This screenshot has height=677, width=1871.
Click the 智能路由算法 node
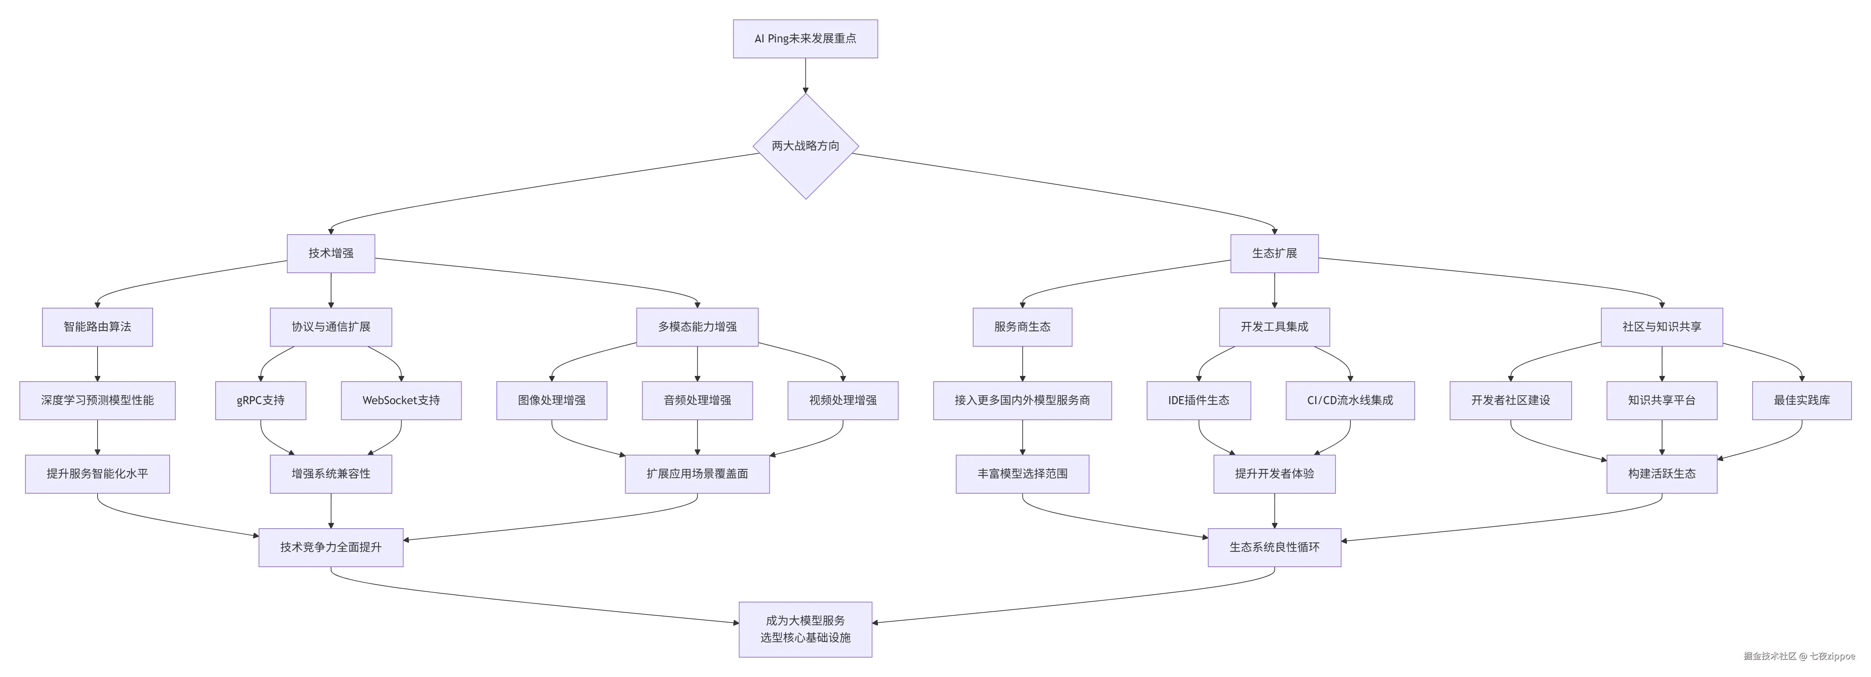(x=97, y=327)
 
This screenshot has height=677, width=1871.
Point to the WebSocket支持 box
(x=401, y=400)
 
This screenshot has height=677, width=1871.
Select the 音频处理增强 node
(x=697, y=400)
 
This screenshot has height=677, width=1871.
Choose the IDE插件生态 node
(x=1198, y=400)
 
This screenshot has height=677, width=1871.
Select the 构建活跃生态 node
(x=1662, y=473)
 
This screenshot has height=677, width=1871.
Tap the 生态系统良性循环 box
(x=1274, y=547)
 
